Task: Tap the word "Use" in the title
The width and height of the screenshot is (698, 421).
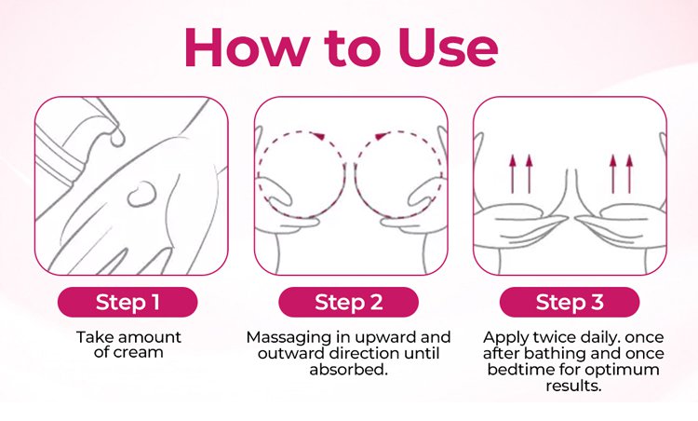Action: pyautogui.click(x=448, y=48)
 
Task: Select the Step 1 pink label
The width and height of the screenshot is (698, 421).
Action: pyautogui.click(x=128, y=302)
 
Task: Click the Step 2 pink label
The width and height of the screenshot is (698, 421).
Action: pyautogui.click(x=349, y=302)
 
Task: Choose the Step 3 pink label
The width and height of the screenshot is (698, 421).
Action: pyautogui.click(x=570, y=302)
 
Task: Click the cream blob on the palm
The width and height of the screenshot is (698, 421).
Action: pyautogui.click(x=141, y=194)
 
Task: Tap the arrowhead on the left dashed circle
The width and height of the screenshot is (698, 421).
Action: pyautogui.click(x=318, y=135)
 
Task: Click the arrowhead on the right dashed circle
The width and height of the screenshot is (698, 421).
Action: pyautogui.click(x=382, y=135)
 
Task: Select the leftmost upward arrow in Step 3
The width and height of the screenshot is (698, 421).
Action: pyautogui.click(x=513, y=174)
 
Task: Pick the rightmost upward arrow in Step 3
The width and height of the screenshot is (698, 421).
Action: pyautogui.click(x=629, y=174)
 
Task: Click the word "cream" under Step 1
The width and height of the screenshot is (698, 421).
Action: pyautogui.click(x=139, y=352)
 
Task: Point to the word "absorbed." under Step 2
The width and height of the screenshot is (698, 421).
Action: pyautogui.click(x=349, y=370)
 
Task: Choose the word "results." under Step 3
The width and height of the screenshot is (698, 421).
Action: pyautogui.click(x=573, y=386)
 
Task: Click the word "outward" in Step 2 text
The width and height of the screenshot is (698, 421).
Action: pyautogui.click(x=290, y=353)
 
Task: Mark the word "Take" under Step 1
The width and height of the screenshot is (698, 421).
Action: pyautogui.click(x=92, y=337)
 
